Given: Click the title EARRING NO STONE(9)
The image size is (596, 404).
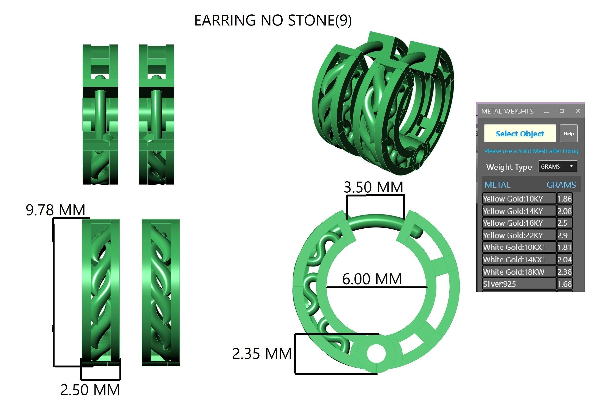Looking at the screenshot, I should click(273, 20).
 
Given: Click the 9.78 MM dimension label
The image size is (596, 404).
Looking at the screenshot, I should click(55, 210).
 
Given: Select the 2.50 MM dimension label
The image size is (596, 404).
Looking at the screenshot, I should click(90, 390).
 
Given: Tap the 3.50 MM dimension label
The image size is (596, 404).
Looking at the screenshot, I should click(373, 187).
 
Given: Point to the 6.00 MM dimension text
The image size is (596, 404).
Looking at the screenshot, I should click(372, 279).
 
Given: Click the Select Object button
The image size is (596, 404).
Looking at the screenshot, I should click(520, 133).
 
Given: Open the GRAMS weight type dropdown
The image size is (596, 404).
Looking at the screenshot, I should click(558, 166).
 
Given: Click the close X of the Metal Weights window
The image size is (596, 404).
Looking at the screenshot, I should click(577, 111).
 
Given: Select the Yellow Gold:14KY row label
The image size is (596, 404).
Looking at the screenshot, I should click(513, 211).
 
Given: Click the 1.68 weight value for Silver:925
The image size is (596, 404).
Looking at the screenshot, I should click(565, 284).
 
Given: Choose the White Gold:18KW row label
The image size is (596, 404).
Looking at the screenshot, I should click(513, 272).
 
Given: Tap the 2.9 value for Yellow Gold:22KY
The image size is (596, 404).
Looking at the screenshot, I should click(562, 235).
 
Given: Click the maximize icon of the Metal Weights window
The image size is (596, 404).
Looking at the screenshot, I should click(562, 111).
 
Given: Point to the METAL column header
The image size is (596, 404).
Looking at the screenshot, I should click(497, 185).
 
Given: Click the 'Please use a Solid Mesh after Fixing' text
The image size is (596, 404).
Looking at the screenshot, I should click(531, 151).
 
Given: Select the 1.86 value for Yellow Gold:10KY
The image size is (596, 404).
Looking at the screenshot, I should click(565, 199).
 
